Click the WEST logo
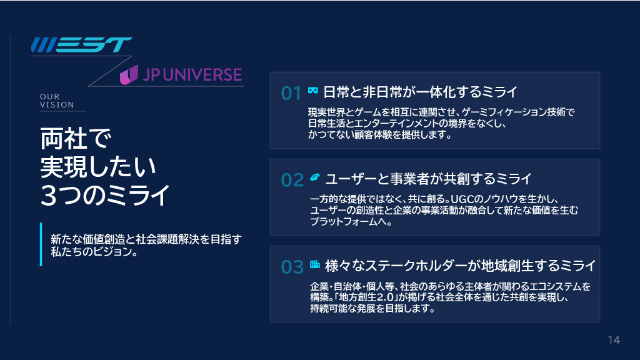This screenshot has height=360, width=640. pyautogui.click(x=81, y=45)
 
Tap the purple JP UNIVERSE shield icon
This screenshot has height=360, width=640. pyautogui.click(x=129, y=75)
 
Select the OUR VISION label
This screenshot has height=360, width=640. pyautogui.click(x=57, y=101)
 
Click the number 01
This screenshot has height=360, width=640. pyautogui.click(x=291, y=93)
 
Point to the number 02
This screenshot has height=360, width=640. pyautogui.click(x=292, y=180)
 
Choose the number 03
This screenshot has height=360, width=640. pyautogui.click(x=292, y=267)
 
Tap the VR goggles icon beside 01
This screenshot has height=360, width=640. pyautogui.click(x=313, y=90)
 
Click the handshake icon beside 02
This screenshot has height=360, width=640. pyautogui.click(x=315, y=177)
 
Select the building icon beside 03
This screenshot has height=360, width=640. pyautogui.click(x=315, y=264)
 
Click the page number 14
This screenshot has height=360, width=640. pyautogui.click(x=614, y=340)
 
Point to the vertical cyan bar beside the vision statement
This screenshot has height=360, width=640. pyautogui.click(x=41, y=244)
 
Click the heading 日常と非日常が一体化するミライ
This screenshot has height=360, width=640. pyautogui.click(x=421, y=92)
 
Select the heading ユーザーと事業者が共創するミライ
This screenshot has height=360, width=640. pyautogui.click(x=429, y=179)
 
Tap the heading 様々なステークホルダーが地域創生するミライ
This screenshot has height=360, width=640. pyautogui.click(x=461, y=266)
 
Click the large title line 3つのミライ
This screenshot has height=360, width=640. pyautogui.click(x=105, y=196)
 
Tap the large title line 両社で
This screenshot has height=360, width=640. pyautogui.click(x=76, y=138)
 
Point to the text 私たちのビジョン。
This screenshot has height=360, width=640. pyautogui.click(x=94, y=251)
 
